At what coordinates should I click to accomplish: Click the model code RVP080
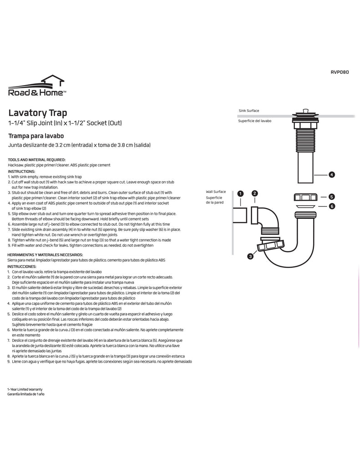[x=339, y=71]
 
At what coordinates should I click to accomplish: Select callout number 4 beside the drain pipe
[x=332, y=174]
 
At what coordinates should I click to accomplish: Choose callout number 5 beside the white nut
[x=332, y=197]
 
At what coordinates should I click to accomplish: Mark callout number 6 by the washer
[x=332, y=206]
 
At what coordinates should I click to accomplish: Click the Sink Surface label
[x=249, y=111]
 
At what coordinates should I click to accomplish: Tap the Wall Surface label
[x=216, y=192]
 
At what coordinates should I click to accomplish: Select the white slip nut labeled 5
[x=304, y=198]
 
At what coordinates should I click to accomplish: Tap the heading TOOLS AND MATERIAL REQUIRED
[x=37, y=160]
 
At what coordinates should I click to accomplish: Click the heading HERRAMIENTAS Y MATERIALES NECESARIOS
[x=45, y=254]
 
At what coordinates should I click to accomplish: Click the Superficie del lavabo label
[x=255, y=121]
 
